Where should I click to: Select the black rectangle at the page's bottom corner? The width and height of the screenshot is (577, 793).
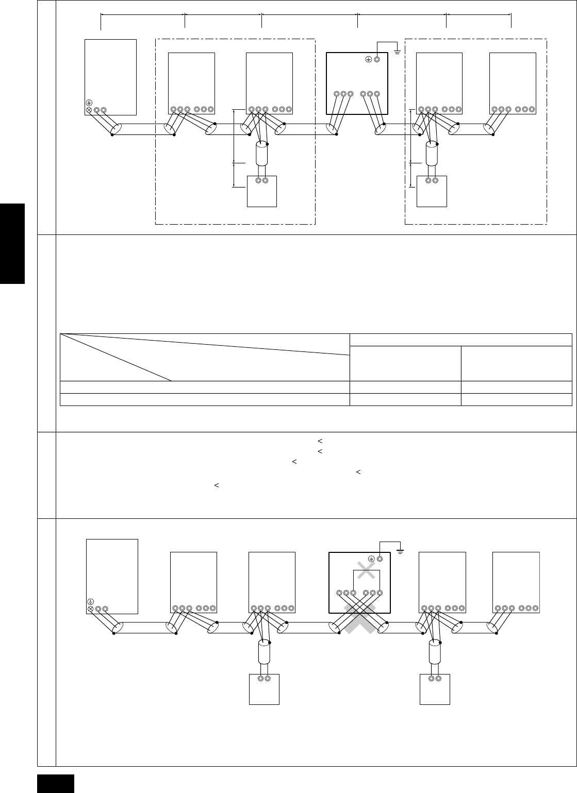tap(56, 783)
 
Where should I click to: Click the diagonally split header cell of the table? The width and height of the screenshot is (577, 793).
tap(205, 357)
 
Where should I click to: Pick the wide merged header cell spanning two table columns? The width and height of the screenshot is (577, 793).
tap(460, 340)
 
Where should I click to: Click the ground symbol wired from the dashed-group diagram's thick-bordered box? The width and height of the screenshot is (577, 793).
tap(397, 50)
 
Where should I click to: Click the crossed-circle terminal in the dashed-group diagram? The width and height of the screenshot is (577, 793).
tap(89, 110)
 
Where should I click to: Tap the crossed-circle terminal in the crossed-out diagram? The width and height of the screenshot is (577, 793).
tap(91, 609)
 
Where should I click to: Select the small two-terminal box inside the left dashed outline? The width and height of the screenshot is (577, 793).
tap(262, 191)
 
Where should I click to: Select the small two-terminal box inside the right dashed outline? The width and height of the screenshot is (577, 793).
tap(432, 191)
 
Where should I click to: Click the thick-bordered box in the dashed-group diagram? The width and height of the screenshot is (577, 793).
tap(357, 83)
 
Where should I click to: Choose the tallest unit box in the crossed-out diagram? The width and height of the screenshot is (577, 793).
tap(112, 576)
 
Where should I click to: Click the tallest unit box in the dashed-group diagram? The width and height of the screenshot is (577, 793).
tap(110, 77)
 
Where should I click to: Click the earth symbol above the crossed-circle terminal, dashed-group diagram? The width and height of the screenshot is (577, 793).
tap(89, 102)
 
